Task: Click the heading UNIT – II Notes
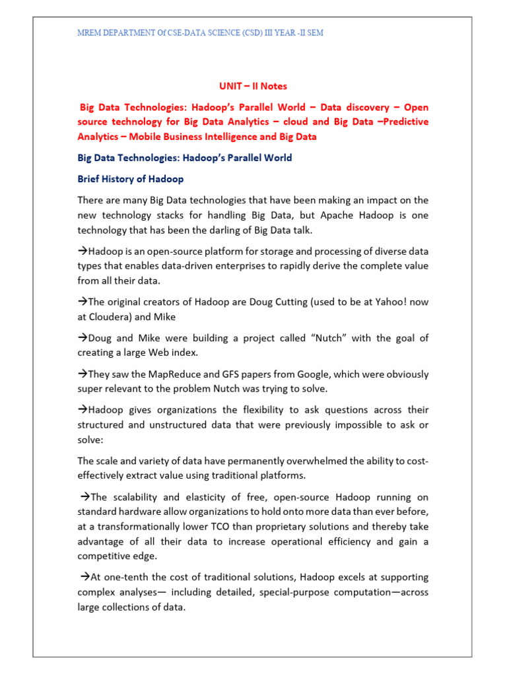click(253, 86)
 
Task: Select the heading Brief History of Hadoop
click(131, 179)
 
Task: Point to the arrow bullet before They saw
click(83, 374)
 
